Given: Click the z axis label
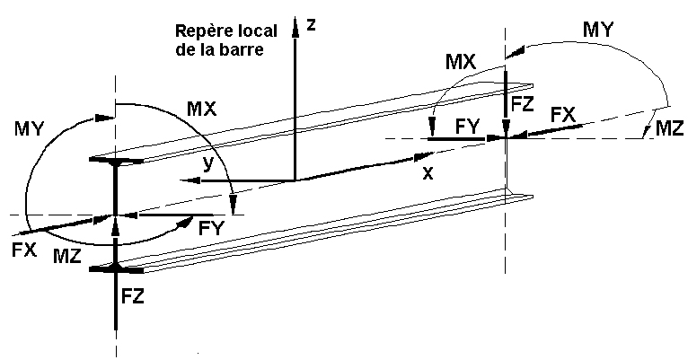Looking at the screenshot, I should [x=310, y=24].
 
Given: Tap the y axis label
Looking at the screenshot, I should [x=209, y=164].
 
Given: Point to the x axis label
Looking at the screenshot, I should [x=428, y=174].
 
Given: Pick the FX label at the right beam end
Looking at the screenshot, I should [x=563, y=114].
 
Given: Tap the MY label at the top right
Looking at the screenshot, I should [x=600, y=29].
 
